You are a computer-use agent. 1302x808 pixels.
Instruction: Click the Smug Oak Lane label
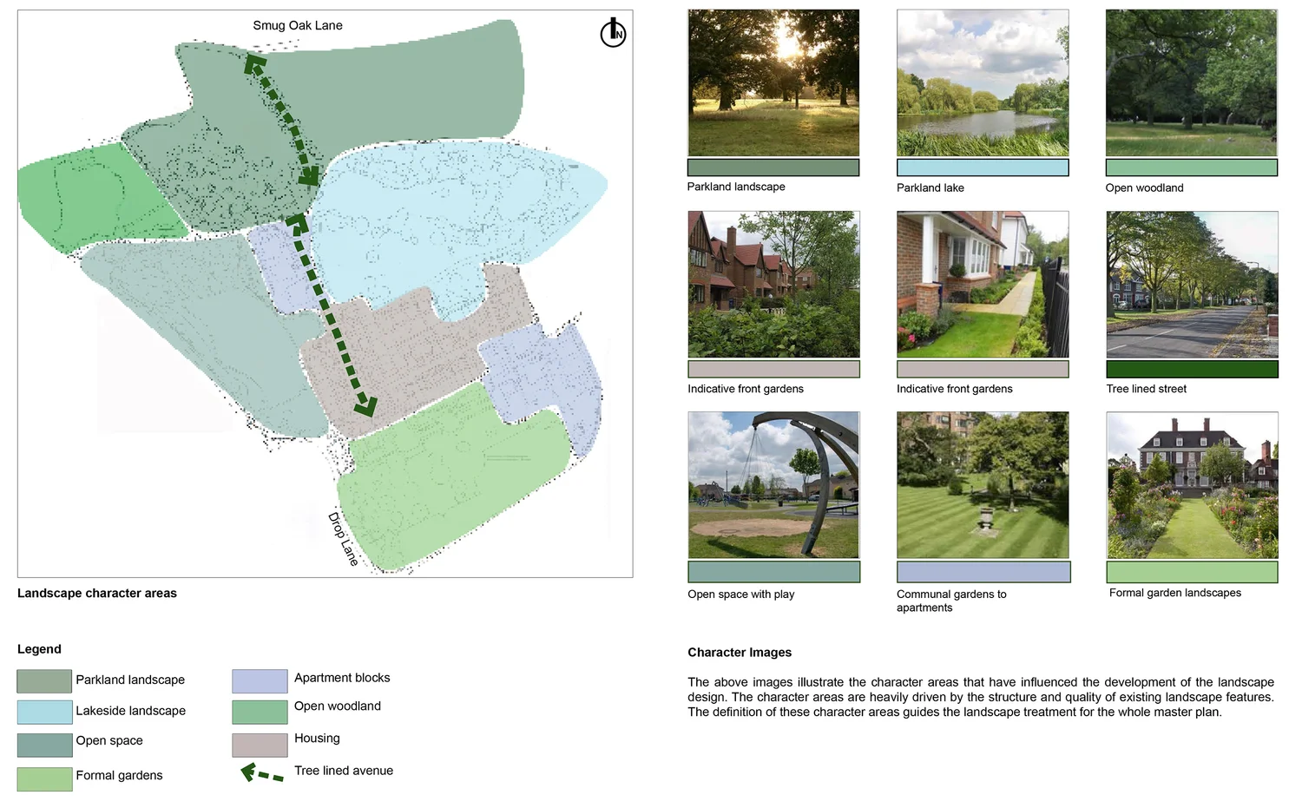coord(297,25)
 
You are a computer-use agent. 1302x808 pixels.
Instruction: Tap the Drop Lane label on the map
coord(343,539)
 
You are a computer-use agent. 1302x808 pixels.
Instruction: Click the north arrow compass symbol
coord(613,33)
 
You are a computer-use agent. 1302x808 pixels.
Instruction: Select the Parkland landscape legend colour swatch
coord(44,681)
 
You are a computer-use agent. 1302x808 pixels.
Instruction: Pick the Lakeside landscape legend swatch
coord(44,712)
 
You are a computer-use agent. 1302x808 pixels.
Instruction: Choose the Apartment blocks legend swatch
coord(260,680)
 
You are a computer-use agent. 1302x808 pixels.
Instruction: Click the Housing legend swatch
coord(260,745)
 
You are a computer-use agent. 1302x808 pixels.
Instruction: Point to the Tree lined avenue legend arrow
coord(261,773)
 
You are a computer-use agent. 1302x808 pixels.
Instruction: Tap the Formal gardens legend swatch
coord(44,778)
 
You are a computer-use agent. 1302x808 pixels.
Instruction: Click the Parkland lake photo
coord(983,83)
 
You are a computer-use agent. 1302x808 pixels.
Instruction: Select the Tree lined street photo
coord(1192,285)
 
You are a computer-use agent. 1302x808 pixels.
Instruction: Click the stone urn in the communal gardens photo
coord(984,518)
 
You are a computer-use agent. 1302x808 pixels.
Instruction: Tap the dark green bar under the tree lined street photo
coord(1192,369)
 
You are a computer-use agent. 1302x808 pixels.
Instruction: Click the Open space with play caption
coord(740,595)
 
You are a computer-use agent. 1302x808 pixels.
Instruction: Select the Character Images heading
coord(740,653)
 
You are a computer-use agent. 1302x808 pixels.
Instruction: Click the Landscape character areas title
coord(97,594)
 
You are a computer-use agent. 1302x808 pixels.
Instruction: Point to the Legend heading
coord(39,649)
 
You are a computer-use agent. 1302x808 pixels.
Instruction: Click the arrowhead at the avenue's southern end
coord(367,405)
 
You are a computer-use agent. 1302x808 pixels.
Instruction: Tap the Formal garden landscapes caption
coord(1174,593)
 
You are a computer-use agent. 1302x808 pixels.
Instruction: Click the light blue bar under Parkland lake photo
coord(983,168)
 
